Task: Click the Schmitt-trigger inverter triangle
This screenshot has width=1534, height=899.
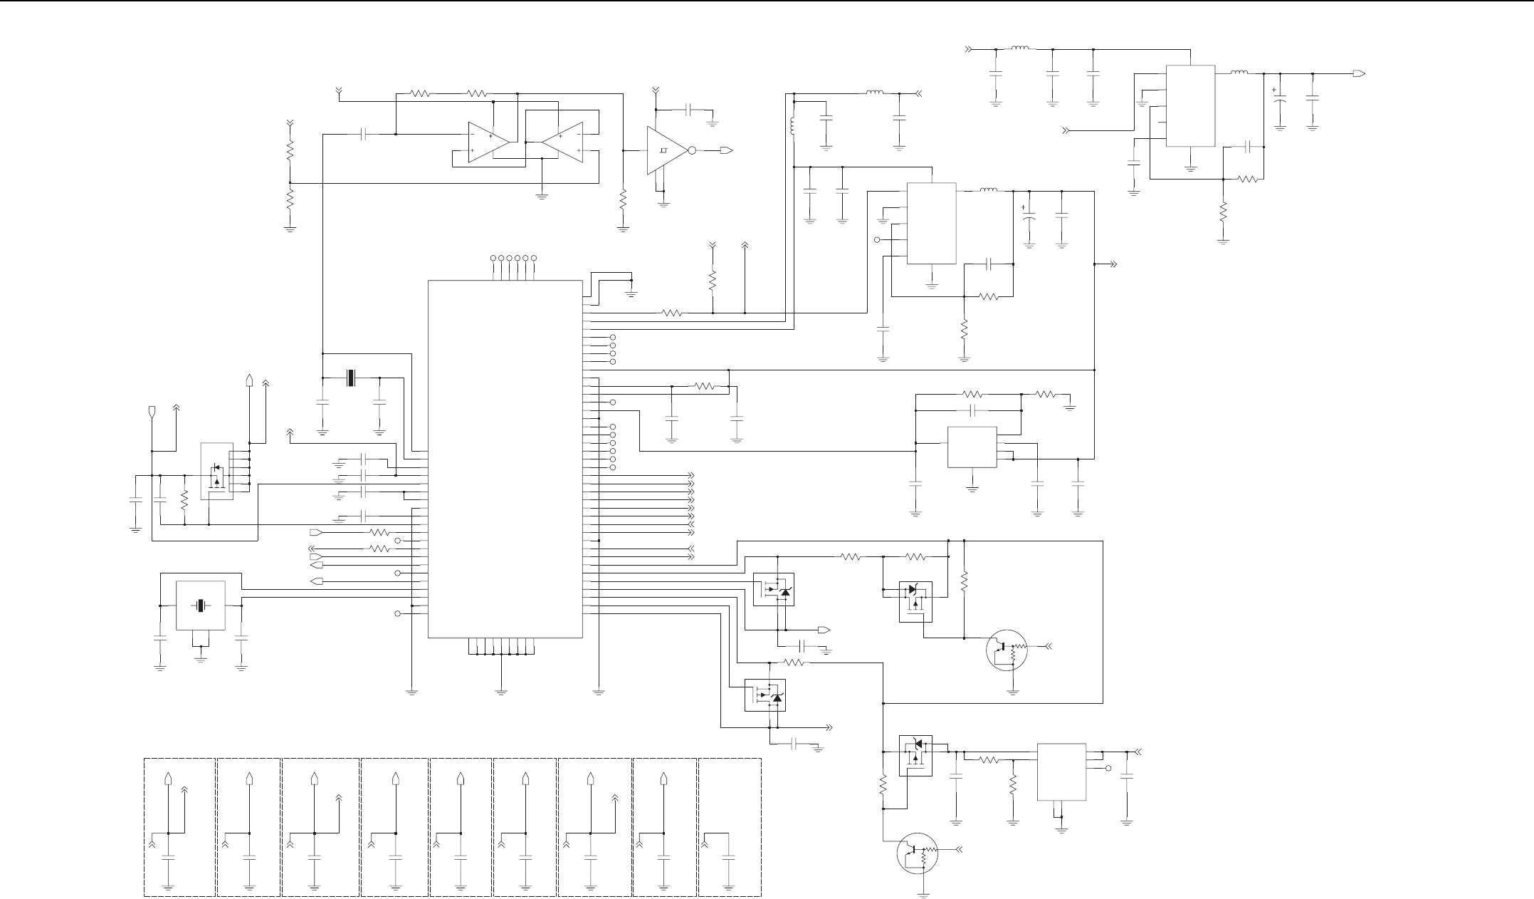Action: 664,150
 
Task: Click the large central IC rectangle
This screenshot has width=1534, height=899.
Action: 505,459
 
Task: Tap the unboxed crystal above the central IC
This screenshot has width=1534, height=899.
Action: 350,378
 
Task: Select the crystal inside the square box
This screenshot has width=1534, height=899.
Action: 201,606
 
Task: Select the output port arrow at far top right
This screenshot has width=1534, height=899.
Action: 1359,73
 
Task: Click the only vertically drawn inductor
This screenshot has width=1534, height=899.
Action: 793,126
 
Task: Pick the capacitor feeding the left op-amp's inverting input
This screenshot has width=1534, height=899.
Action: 364,134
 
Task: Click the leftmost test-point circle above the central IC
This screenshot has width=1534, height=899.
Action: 493,257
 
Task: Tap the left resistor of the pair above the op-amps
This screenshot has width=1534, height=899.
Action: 420,93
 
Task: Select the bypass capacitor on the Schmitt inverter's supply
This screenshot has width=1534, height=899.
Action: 688,109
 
